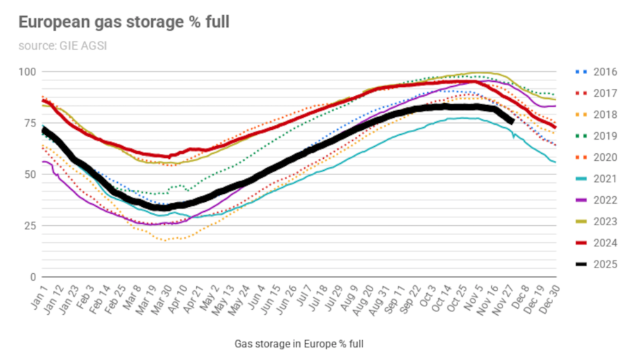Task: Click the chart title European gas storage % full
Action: pos(123,23)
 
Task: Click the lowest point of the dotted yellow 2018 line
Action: pos(164,240)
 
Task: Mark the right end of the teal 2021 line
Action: pos(555,162)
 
